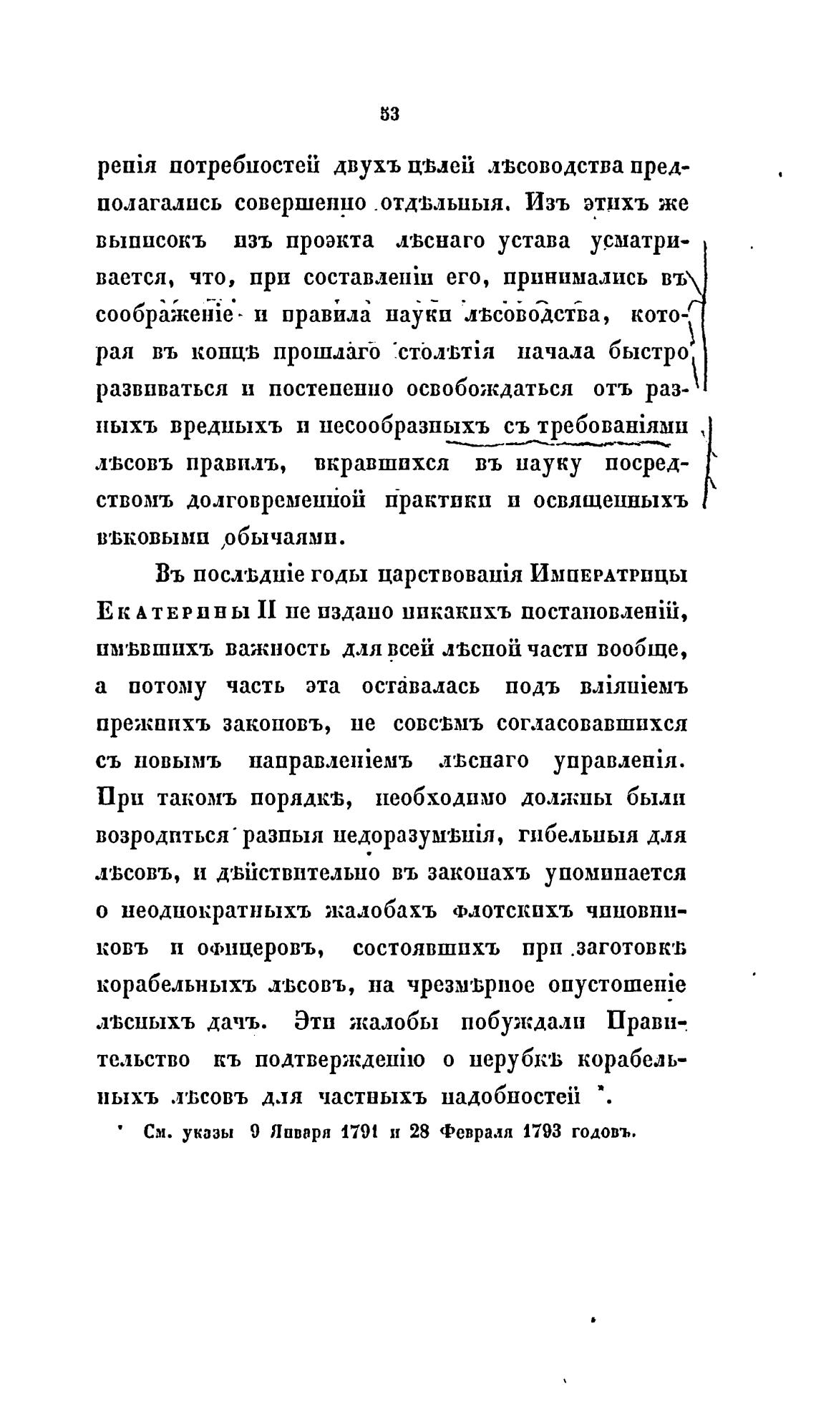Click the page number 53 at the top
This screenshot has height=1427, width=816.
point(389,115)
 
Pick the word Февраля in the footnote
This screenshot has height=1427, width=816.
point(475,1132)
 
